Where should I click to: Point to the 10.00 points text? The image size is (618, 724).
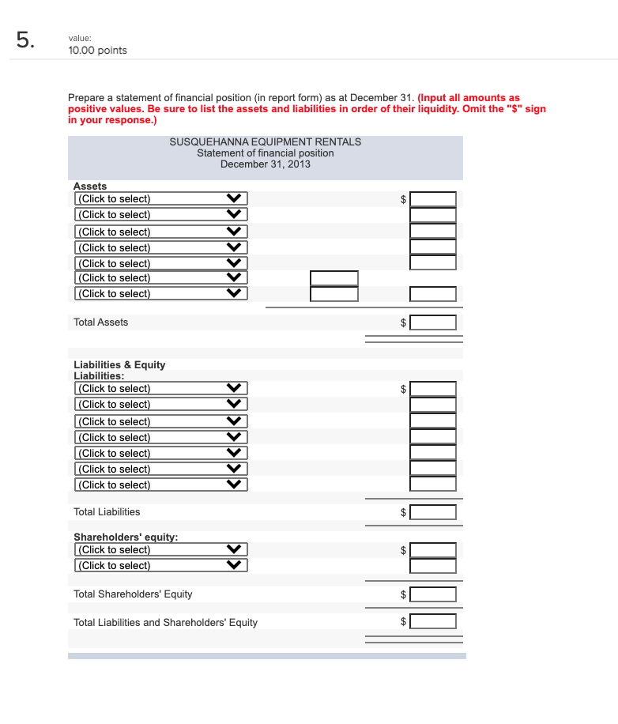(x=98, y=51)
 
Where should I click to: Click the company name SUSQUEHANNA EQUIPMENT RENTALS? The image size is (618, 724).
(x=265, y=141)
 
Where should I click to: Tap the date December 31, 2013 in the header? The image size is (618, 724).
(x=265, y=164)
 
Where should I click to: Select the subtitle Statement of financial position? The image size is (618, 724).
(x=265, y=153)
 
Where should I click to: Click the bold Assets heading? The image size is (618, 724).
(x=90, y=186)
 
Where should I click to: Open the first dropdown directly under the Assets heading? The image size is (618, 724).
(x=161, y=199)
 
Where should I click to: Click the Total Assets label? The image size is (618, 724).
(x=100, y=322)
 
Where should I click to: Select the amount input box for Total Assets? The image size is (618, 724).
(x=432, y=322)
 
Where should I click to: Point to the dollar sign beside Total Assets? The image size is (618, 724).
(x=403, y=322)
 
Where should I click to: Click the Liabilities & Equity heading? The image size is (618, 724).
(x=119, y=364)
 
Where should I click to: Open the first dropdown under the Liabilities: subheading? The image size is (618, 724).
(x=161, y=389)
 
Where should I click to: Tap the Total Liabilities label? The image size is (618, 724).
(x=107, y=512)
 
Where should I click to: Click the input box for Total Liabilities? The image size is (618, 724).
(x=432, y=512)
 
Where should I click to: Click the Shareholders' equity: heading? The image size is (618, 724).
(x=126, y=537)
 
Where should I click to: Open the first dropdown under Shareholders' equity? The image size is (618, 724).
(x=161, y=550)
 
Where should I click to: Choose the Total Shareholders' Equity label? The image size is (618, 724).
(x=133, y=594)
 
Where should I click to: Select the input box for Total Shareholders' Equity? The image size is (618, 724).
(x=432, y=594)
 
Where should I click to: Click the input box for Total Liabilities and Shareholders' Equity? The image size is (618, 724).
(x=432, y=621)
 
